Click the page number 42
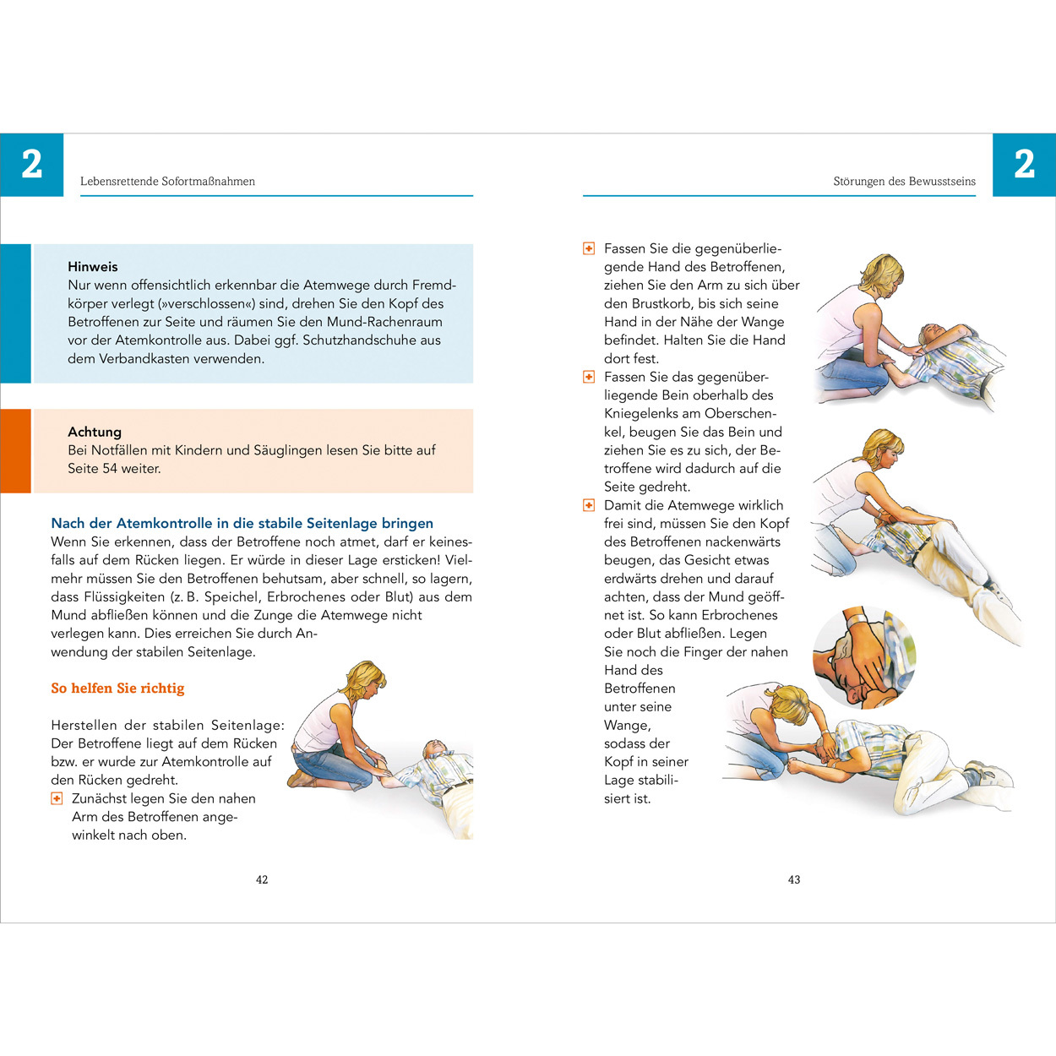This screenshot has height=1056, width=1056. pos(262,879)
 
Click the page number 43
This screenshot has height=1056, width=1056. pos(794,879)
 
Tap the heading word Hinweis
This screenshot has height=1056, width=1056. pos(93,266)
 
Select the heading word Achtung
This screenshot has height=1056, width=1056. pos(95,432)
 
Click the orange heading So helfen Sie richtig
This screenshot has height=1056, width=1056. pos(117,689)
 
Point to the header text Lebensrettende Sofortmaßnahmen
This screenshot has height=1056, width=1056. pos(167,181)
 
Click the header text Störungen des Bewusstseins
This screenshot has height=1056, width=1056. pos(904,181)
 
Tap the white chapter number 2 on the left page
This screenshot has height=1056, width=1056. pos(32,164)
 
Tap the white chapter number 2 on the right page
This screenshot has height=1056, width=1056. pos(1024,164)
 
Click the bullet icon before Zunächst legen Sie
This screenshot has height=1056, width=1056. pos(57,798)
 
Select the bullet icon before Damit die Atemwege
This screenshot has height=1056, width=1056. pos(589,505)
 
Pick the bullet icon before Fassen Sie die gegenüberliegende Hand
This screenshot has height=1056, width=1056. pos(589,248)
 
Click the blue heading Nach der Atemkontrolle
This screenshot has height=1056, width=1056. pos(242,523)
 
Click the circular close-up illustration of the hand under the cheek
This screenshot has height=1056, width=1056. pos(863,657)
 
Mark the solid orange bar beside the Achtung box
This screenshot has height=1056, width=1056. pos(15,450)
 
